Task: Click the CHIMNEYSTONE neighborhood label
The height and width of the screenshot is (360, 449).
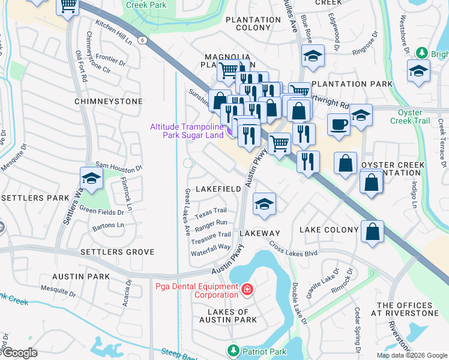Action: click(x=109, y=101)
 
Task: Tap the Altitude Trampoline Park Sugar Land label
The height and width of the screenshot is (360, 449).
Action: click(x=186, y=131)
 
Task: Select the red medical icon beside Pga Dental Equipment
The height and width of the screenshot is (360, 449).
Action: click(x=246, y=291)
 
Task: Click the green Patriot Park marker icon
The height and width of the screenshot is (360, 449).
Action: click(x=232, y=350)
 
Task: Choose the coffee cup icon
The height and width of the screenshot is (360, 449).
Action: click(x=339, y=125)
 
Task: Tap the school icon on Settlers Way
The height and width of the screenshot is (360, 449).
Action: click(x=91, y=178)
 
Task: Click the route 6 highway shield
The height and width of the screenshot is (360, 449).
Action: click(x=142, y=40)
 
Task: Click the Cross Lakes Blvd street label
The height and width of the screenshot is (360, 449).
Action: click(x=293, y=250)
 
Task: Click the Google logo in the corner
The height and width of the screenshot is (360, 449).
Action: click(x=19, y=353)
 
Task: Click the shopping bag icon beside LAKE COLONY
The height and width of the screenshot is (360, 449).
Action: click(x=372, y=231)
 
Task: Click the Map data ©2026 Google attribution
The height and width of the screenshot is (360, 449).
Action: click(x=411, y=355)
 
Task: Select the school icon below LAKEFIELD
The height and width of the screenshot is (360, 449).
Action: click(x=264, y=204)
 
